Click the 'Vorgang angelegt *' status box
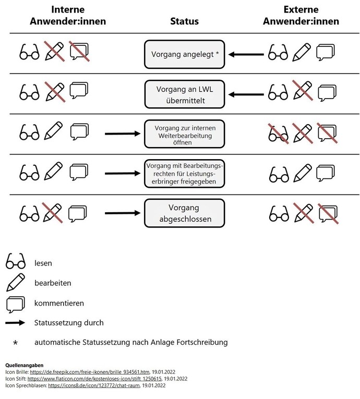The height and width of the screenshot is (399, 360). pos(184,54)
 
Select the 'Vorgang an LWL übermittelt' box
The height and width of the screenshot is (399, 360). pos(184,94)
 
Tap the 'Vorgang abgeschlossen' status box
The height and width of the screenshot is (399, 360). pos(184,214)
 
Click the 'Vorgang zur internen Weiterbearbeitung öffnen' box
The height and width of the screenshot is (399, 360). pos(184,135)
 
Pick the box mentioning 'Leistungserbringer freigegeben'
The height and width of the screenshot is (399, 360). pos(184,174)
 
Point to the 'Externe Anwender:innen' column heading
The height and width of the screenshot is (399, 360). pos(301,16)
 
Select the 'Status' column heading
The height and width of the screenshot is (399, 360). pos(184,21)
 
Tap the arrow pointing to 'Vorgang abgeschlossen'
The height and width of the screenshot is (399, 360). pos(123,213)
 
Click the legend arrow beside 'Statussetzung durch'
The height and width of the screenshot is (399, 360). pos(15,323)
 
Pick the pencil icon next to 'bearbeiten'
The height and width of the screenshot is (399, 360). pos(16,282)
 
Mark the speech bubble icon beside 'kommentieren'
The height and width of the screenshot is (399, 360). pos(16,303)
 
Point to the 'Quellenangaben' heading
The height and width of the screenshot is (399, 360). pos(24,365)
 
